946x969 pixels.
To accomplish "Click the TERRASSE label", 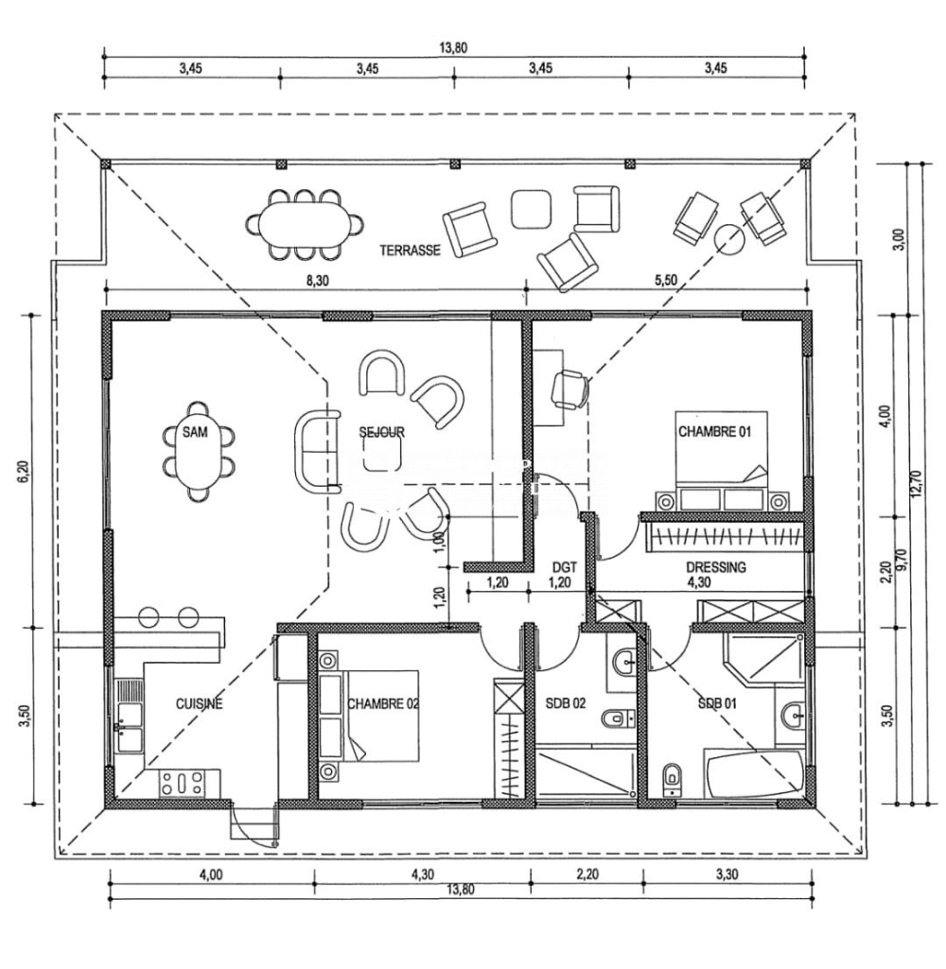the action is pyautogui.click(x=410, y=251).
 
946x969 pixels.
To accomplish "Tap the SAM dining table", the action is pyautogui.click(x=196, y=451).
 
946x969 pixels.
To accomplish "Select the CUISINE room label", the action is pyautogui.click(x=199, y=703).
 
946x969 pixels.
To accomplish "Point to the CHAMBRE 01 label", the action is pyautogui.click(x=715, y=431).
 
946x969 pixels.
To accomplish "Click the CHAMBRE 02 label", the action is pyautogui.click(x=383, y=703).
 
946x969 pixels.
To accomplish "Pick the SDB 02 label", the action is pyautogui.click(x=566, y=703).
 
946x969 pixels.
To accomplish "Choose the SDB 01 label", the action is pyautogui.click(x=717, y=703).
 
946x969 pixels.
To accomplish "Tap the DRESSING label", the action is pyautogui.click(x=716, y=566).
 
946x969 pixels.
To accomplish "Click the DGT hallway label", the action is pyautogui.click(x=565, y=566).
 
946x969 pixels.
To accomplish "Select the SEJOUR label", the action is pyautogui.click(x=382, y=431).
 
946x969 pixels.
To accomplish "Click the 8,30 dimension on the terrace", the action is pyautogui.click(x=318, y=280).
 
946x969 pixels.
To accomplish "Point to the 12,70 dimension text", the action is pyautogui.click(x=917, y=484).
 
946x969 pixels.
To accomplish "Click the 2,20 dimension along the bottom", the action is pyautogui.click(x=587, y=874).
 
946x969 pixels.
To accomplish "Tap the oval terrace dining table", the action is pyautogui.click(x=305, y=224).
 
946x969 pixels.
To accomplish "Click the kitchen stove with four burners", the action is pyautogui.click(x=182, y=783).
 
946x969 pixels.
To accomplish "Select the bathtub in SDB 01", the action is pyautogui.click(x=754, y=773).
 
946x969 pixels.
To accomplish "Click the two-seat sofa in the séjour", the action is pyautogui.click(x=318, y=451).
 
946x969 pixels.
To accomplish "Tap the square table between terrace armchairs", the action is pyautogui.click(x=531, y=208).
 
